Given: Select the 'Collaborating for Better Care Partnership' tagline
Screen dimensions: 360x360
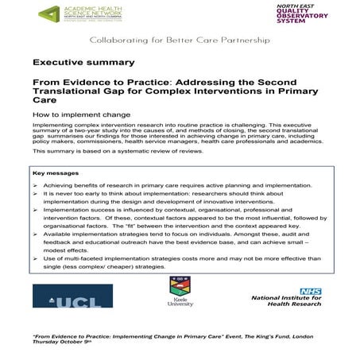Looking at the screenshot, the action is pos(180,39).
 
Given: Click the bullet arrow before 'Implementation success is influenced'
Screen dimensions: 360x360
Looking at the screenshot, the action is pos(37,211).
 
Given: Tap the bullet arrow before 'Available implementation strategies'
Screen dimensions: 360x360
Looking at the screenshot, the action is pos(37,237).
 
